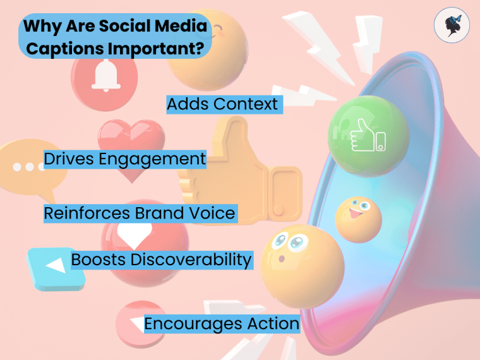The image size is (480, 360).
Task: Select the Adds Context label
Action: point(222,104)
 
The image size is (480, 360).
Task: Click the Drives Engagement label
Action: point(125,159)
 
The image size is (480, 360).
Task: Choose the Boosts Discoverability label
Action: point(162,259)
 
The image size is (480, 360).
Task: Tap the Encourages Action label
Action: point(222,323)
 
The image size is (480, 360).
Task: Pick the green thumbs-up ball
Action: point(368,133)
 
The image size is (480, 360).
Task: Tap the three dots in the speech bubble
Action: point(25,167)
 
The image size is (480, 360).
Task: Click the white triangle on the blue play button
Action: point(56,265)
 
